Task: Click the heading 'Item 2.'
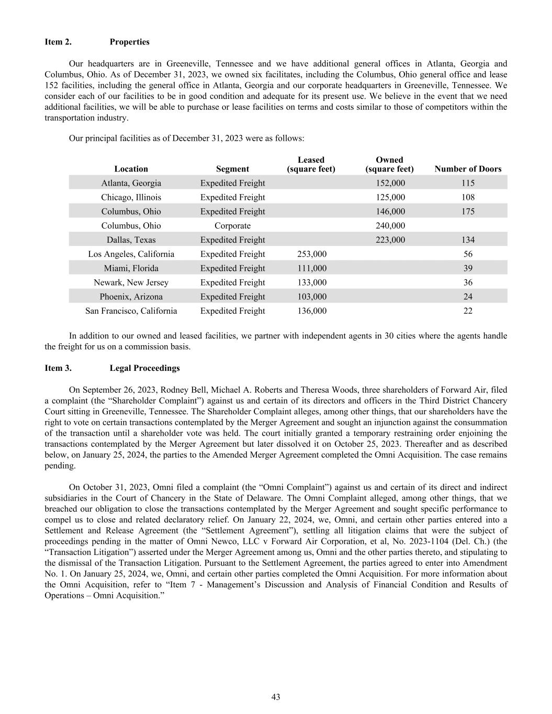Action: [58, 42]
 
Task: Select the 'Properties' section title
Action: [129, 42]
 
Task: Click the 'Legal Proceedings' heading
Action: [144, 368]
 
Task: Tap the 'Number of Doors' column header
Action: [468, 169]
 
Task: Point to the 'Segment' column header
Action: [232, 169]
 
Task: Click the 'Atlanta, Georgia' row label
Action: [131, 183]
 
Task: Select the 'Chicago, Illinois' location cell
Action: [131, 197]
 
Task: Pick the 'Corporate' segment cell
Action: [232, 226]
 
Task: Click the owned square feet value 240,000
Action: [390, 226]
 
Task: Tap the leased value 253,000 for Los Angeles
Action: [311, 254]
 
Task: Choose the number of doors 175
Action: [468, 211]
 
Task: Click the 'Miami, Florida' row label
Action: [131, 268]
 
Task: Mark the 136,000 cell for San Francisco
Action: [311, 311]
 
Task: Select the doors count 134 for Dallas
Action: [468, 240]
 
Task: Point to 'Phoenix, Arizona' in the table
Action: [131, 297]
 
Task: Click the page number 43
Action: [276, 697]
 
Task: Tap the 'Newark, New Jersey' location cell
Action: [131, 282]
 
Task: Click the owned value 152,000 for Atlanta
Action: [390, 183]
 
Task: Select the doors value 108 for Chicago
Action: [468, 197]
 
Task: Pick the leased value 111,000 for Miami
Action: [311, 268]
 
